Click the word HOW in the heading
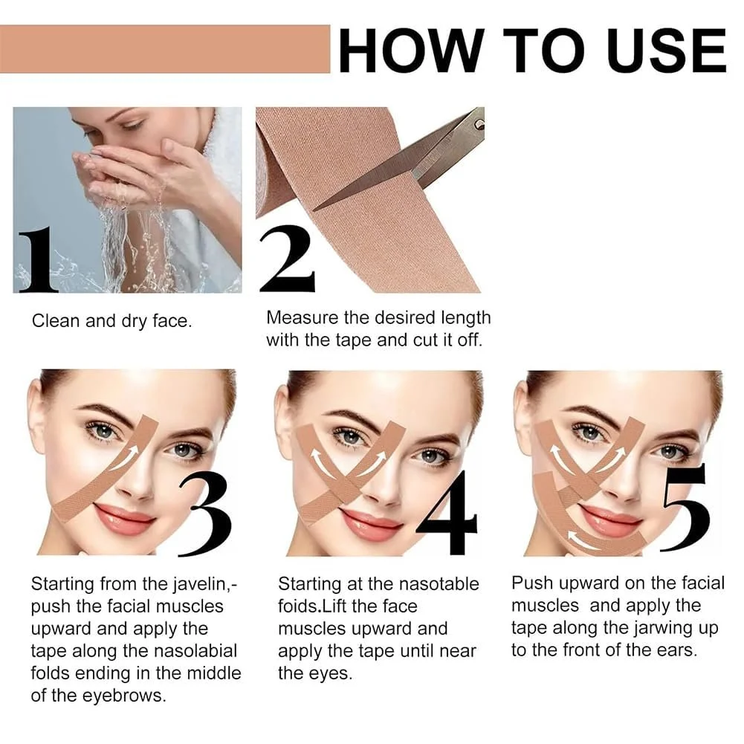(x=409, y=51)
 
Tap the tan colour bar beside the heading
(x=165, y=49)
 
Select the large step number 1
(x=39, y=260)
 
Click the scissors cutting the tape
(x=416, y=160)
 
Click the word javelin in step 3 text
(x=194, y=583)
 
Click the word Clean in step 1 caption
(x=55, y=321)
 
